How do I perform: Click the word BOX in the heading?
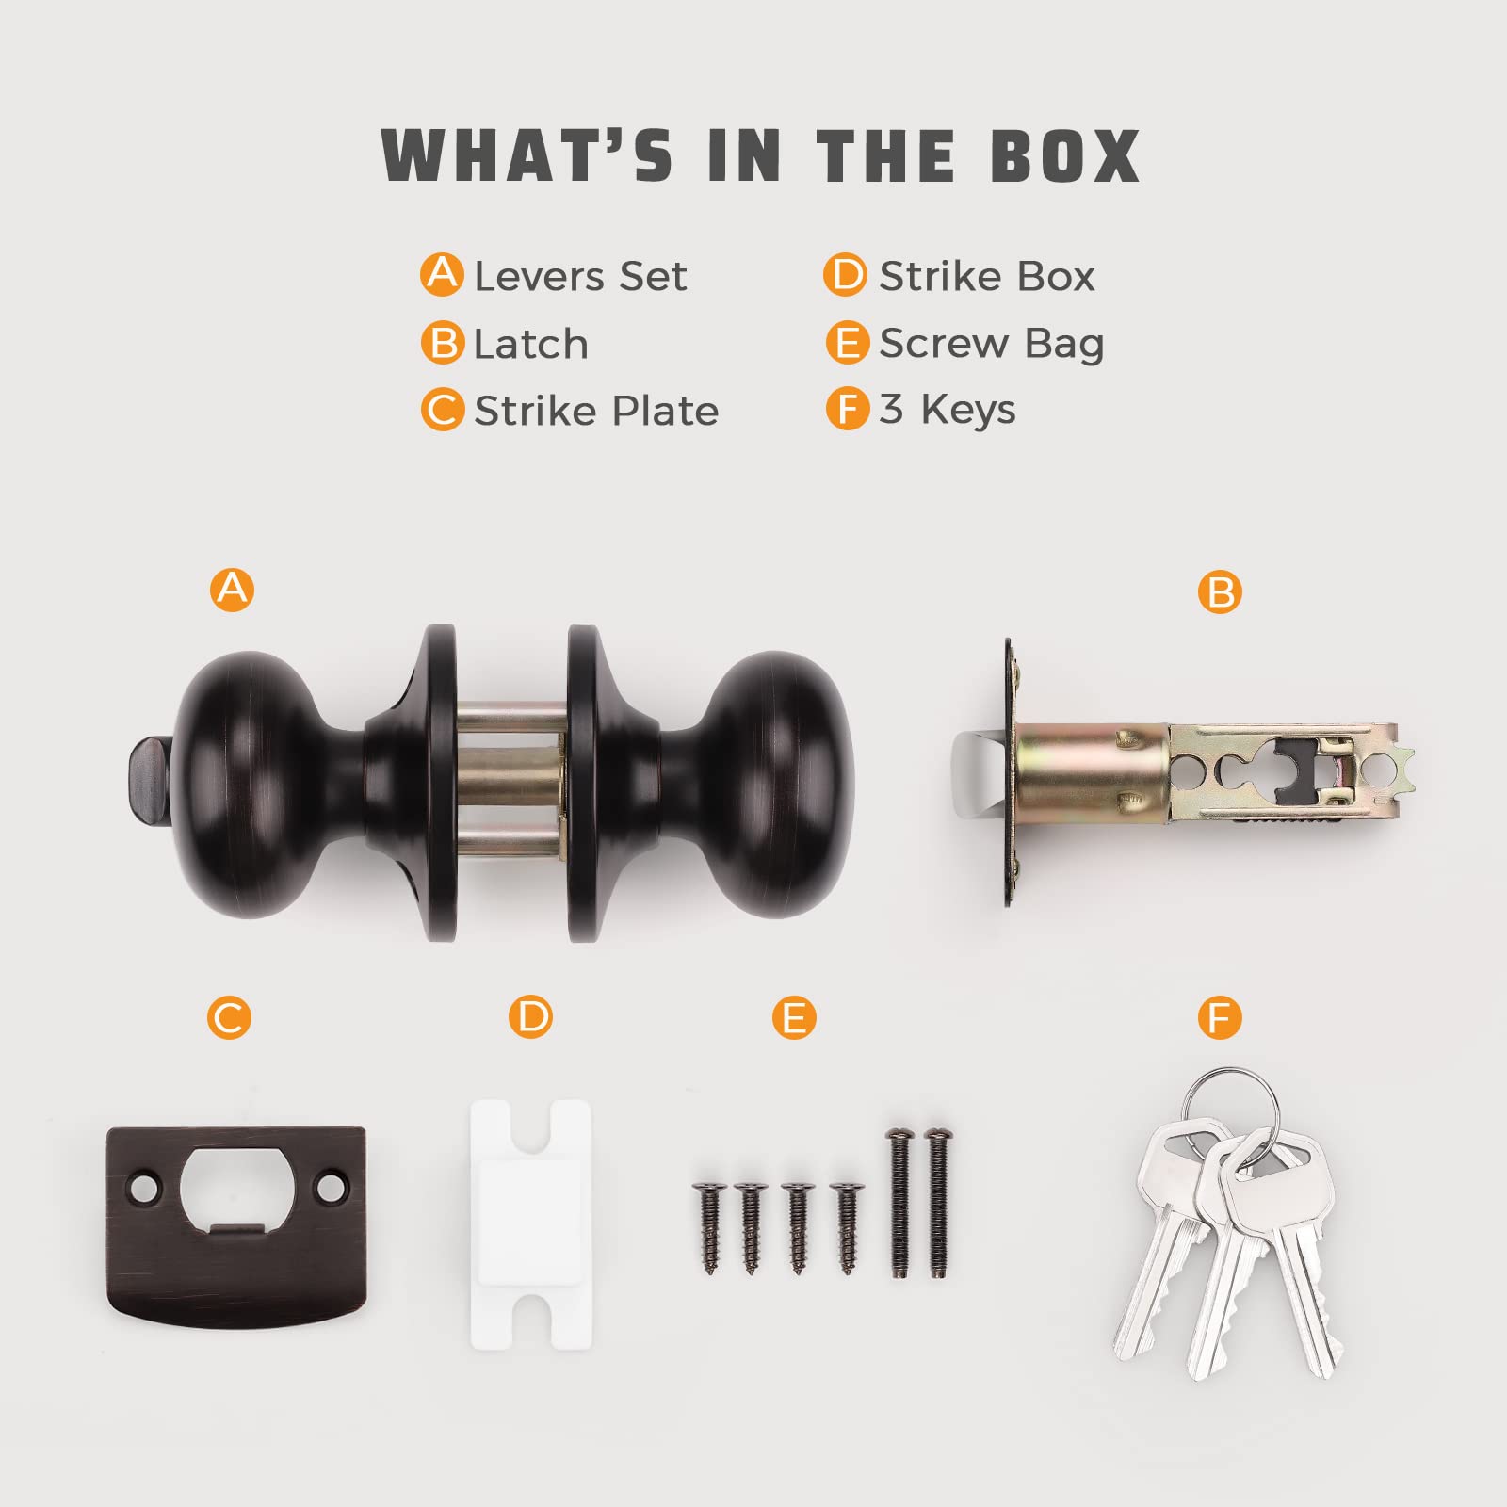tap(1064, 155)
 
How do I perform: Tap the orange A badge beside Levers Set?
tap(442, 275)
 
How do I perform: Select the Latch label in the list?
tap(531, 344)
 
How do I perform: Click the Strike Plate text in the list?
tap(596, 411)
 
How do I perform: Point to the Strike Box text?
tap(987, 276)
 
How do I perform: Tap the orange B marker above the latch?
tap(1221, 592)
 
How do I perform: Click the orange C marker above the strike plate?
tap(230, 1018)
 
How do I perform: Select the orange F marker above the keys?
tap(1221, 1018)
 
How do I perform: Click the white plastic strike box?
tap(531, 1223)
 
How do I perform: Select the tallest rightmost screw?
tap(937, 1202)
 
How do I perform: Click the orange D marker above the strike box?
tap(531, 1018)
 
